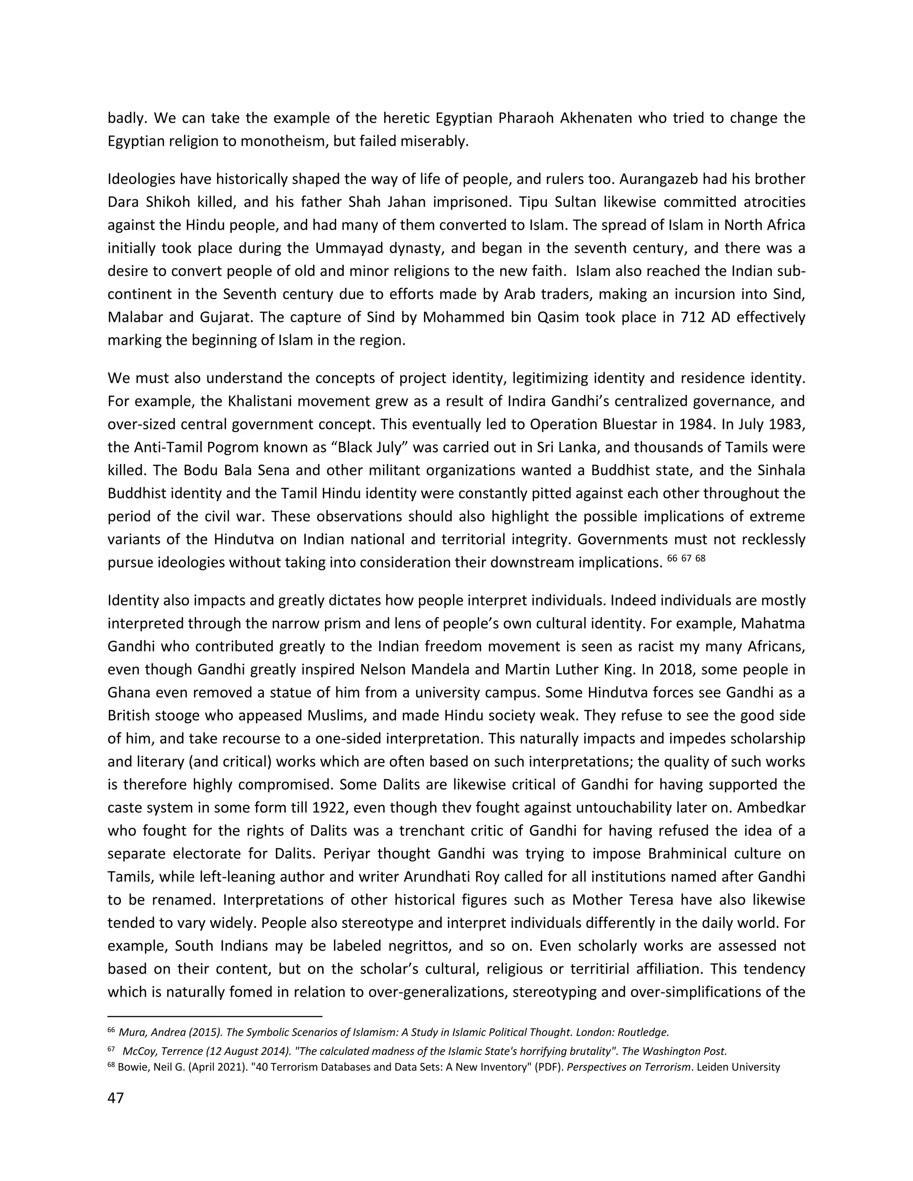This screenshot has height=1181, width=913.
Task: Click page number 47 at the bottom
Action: point(116,1098)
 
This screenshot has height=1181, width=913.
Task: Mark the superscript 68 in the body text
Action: point(700,558)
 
